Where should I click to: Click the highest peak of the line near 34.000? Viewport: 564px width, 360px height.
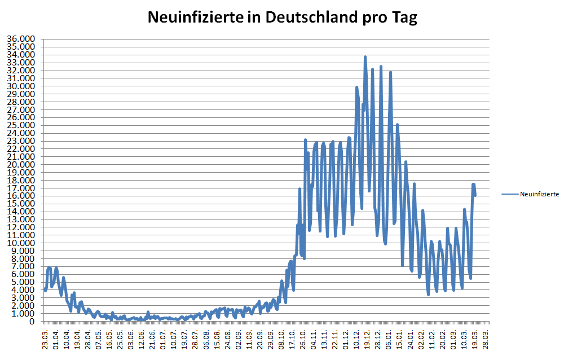[365, 57]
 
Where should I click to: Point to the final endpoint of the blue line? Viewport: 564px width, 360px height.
[475, 195]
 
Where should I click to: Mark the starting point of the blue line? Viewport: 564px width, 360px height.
[45, 289]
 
